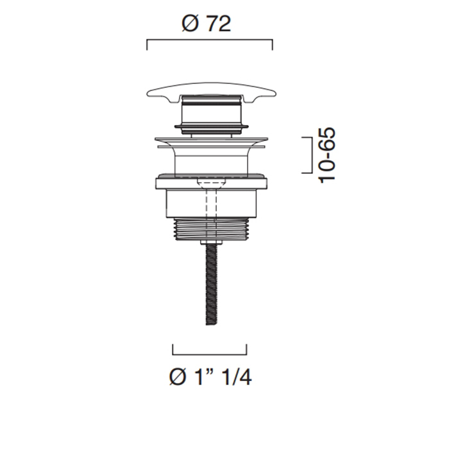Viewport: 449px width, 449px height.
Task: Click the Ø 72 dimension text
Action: click(x=206, y=24)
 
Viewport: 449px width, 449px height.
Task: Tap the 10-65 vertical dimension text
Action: click(x=326, y=155)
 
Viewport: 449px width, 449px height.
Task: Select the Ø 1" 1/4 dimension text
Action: click(x=210, y=377)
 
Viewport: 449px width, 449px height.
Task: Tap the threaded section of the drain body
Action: click(x=212, y=229)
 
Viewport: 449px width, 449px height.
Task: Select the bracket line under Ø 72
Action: click(x=210, y=40)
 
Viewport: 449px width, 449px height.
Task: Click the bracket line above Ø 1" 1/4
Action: click(x=210, y=354)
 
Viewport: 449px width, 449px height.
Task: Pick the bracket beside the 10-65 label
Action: click(x=310, y=155)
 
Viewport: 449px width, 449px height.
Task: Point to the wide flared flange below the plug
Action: click(x=211, y=142)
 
